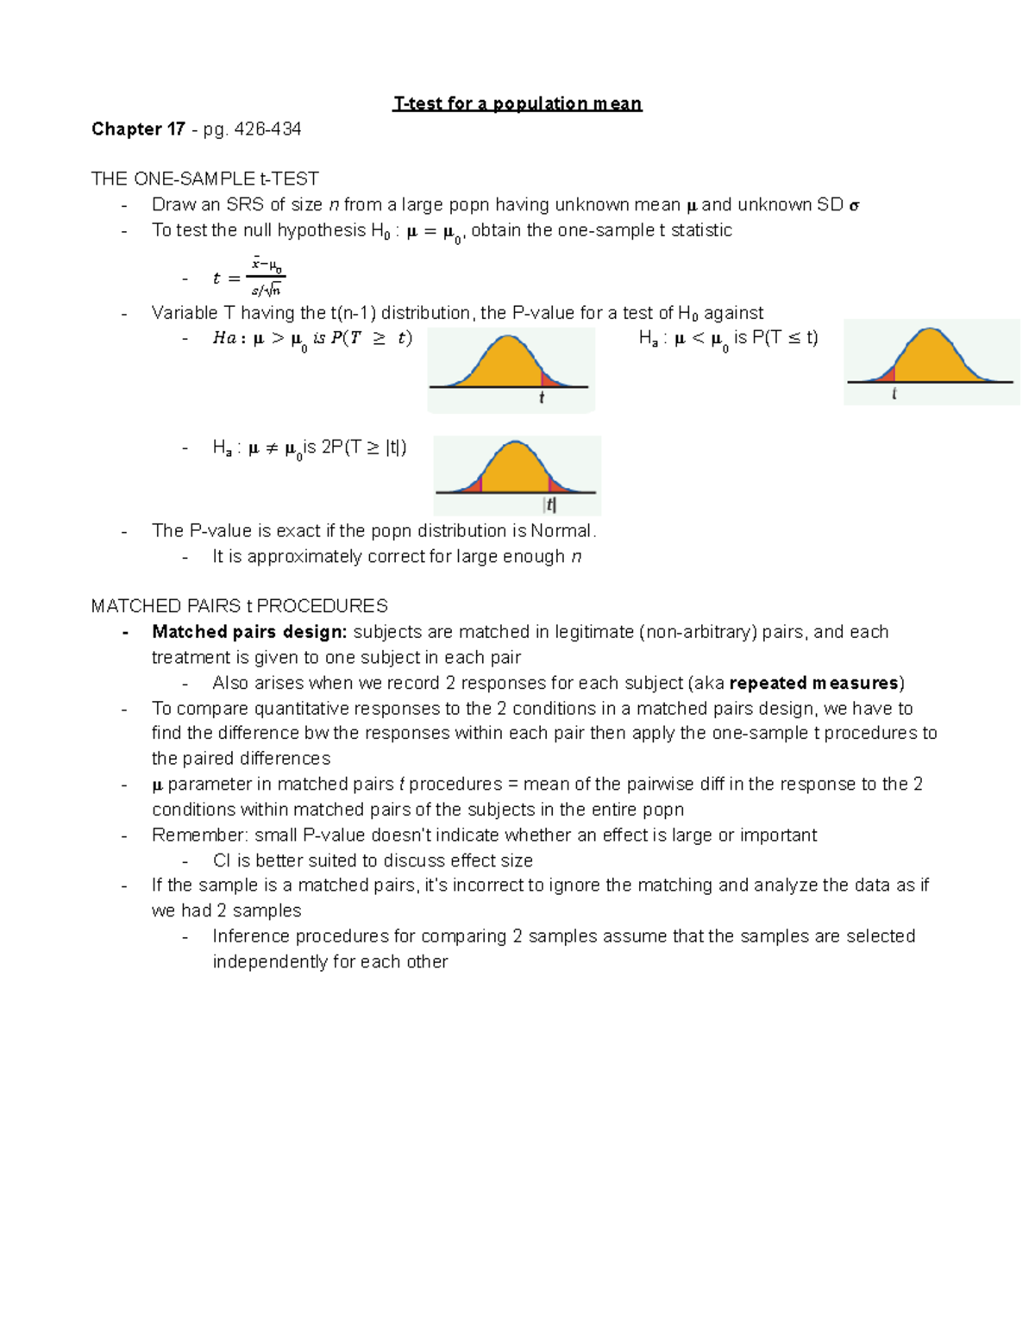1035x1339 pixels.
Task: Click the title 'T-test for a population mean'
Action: click(517, 104)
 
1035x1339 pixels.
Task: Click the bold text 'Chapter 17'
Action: click(138, 129)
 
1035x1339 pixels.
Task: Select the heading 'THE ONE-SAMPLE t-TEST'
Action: click(205, 179)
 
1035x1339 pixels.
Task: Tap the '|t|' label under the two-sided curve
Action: click(549, 505)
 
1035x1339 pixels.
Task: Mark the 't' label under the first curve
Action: click(542, 397)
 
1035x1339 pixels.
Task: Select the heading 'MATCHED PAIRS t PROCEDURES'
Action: click(240, 606)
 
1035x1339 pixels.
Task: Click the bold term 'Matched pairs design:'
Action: click(249, 632)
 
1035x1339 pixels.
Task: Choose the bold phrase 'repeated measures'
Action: click(814, 684)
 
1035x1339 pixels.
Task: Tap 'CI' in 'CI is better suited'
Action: click(222, 860)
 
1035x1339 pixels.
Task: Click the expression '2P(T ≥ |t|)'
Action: click(364, 447)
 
